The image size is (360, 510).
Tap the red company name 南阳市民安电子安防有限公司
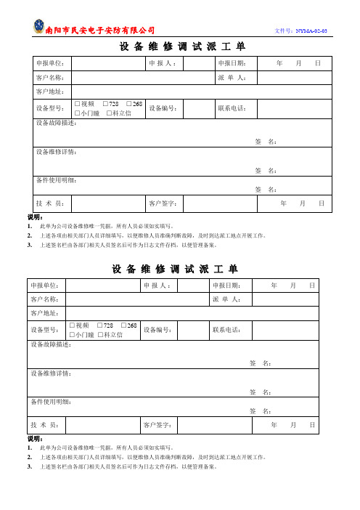pos(100,31)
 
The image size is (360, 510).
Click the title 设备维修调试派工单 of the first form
pos(179,46)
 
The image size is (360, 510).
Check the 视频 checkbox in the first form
pos(77,105)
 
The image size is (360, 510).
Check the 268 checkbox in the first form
pos(129,105)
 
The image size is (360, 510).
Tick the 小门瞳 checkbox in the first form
pos(77,113)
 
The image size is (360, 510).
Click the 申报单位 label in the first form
pos(50,64)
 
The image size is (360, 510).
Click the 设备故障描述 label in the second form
pos(52,344)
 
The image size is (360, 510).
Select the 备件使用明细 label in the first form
pos(56,179)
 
